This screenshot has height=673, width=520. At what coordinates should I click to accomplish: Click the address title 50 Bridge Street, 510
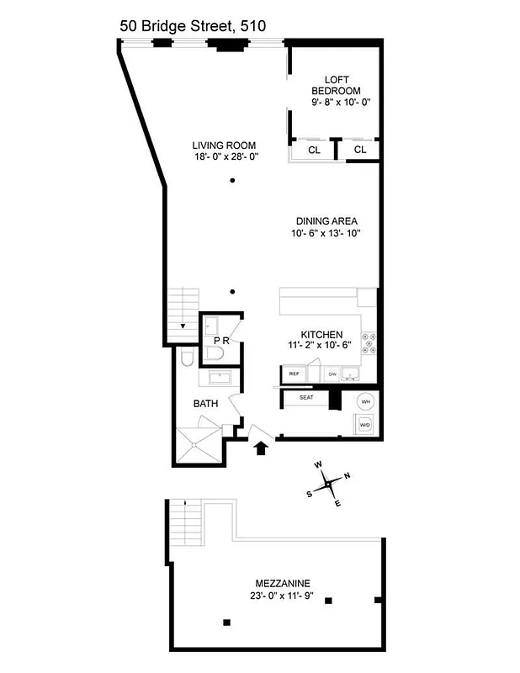pos(193,26)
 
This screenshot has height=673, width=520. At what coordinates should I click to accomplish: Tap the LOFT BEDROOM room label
pos(336,85)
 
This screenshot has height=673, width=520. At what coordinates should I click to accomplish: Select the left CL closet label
pos(314,151)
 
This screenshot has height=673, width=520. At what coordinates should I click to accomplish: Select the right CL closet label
pos(360,151)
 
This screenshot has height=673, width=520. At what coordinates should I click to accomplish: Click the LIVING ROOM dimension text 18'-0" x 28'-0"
pos(224,156)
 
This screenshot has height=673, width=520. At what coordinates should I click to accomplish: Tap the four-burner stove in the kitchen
pos(368,342)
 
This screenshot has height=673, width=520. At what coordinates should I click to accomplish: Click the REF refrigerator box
pos(294,373)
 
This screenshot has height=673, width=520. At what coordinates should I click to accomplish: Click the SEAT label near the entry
pos(306,398)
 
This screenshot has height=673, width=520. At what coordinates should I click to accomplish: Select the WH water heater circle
pos(366,401)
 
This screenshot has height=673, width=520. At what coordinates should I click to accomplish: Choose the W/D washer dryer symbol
pos(366,425)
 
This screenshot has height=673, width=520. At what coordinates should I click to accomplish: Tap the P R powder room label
pos(221,341)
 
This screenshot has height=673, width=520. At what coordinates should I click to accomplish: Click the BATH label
pos(206,404)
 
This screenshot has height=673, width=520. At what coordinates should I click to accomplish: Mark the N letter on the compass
pos(347,474)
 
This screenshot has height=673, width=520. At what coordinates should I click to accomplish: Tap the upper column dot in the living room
pos(233,182)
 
